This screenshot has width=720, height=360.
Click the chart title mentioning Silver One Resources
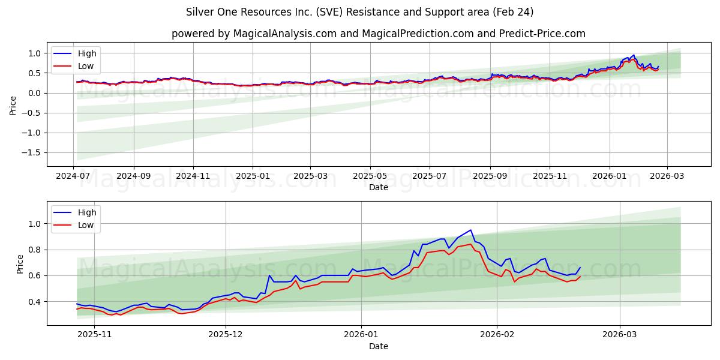point(359,12)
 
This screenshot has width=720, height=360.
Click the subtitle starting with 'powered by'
point(378,34)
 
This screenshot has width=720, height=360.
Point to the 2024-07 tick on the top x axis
point(74,176)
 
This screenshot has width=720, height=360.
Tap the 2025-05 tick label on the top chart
point(370,176)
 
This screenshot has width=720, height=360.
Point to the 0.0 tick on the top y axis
point(34,93)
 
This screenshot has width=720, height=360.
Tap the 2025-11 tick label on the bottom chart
point(95,335)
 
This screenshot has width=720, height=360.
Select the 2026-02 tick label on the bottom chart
point(498,335)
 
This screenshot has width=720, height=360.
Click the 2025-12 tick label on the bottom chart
point(226,335)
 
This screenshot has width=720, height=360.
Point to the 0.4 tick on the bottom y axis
point(34,301)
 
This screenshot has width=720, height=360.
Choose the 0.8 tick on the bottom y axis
point(34,250)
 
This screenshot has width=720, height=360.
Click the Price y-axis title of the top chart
point(13,105)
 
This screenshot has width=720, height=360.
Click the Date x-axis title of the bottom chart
point(378,346)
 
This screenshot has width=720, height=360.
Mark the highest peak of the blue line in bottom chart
point(471,230)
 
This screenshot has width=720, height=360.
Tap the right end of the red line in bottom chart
point(580,276)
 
